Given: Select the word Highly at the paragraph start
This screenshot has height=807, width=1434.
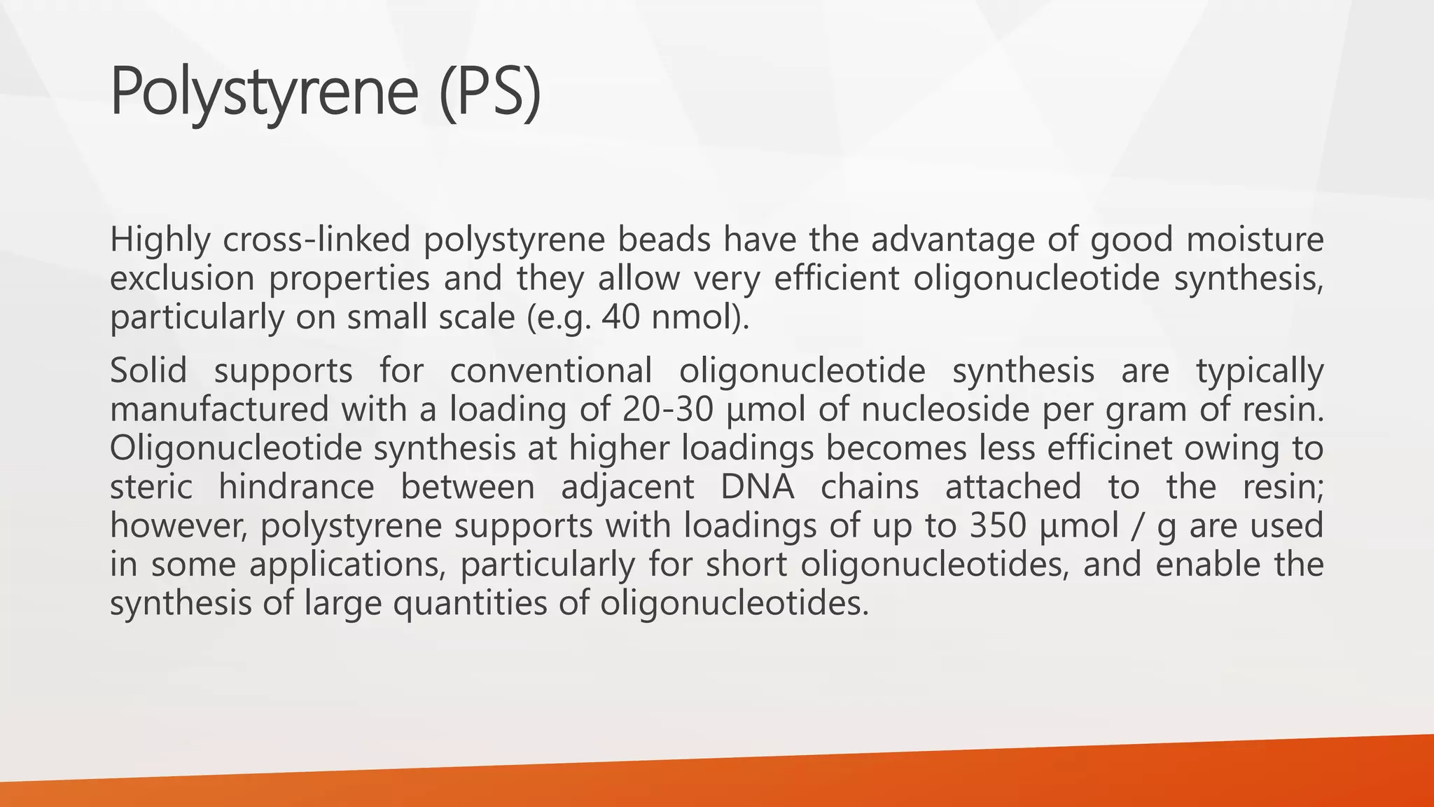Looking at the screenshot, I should (x=160, y=240).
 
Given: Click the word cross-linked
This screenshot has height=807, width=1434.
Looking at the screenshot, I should (x=316, y=240).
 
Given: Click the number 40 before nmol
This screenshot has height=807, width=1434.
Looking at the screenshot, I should (x=620, y=317).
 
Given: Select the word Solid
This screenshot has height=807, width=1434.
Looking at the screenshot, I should (x=148, y=371).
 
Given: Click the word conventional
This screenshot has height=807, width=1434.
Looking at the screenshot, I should (x=550, y=371).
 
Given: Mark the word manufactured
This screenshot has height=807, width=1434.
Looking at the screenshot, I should (x=219, y=409).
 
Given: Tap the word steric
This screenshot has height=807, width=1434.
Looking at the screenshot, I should (x=151, y=487).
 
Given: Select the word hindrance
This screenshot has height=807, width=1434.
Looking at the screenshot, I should (x=296, y=487).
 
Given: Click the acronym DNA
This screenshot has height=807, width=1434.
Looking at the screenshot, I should (x=757, y=487).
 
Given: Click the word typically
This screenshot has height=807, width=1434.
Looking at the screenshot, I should (x=1260, y=371).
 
